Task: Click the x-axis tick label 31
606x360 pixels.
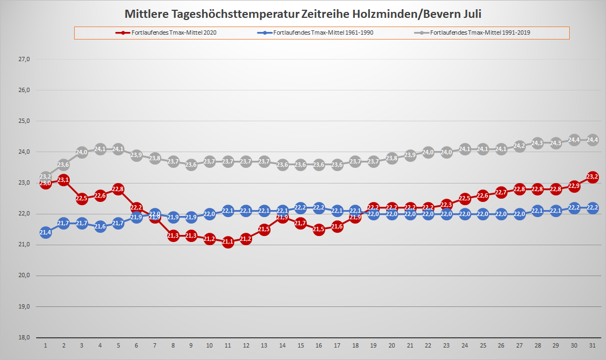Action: pyautogui.click(x=592, y=345)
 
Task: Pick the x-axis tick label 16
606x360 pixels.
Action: pyautogui.click(x=319, y=345)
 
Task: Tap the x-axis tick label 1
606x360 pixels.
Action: pyautogui.click(x=45, y=345)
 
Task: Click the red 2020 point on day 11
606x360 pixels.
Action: pyautogui.click(x=228, y=242)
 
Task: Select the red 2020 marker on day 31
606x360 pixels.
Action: pyautogui.click(x=592, y=177)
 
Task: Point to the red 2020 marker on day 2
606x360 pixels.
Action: pyautogui.click(x=63, y=180)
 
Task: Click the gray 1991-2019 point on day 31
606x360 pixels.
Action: pyautogui.click(x=592, y=140)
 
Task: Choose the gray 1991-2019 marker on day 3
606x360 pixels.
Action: pyautogui.click(x=82, y=152)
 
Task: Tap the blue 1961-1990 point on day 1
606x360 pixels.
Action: pyautogui.click(x=45, y=233)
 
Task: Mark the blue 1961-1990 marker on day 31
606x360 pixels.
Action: pyautogui.click(x=592, y=208)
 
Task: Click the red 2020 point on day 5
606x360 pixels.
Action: pyautogui.click(x=118, y=189)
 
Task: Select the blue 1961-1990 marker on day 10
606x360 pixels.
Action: pyautogui.click(x=209, y=214)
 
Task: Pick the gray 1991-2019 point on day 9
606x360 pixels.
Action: pyautogui.click(x=191, y=165)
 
